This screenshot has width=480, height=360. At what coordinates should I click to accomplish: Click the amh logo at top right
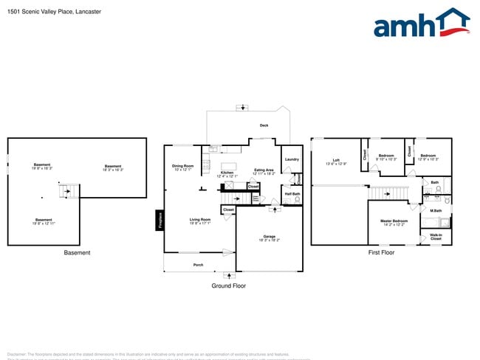coord(421,24)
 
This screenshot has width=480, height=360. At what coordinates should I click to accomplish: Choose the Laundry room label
coord(291,159)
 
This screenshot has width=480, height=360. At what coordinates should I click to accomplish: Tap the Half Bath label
coord(292,194)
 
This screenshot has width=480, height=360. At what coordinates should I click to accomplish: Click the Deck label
coord(264,125)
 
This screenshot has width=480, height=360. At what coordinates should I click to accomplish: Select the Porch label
coord(198,264)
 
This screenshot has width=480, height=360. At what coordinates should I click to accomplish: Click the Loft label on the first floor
coord(336,161)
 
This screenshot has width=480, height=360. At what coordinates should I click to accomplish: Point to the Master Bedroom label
coord(394,222)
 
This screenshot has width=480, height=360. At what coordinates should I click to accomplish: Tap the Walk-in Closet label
coord(436,238)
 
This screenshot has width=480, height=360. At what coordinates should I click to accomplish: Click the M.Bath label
coord(436,211)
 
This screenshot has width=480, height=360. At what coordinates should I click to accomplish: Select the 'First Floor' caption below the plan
coord(381,252)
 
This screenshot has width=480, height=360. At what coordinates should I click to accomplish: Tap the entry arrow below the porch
coord(227,275)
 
